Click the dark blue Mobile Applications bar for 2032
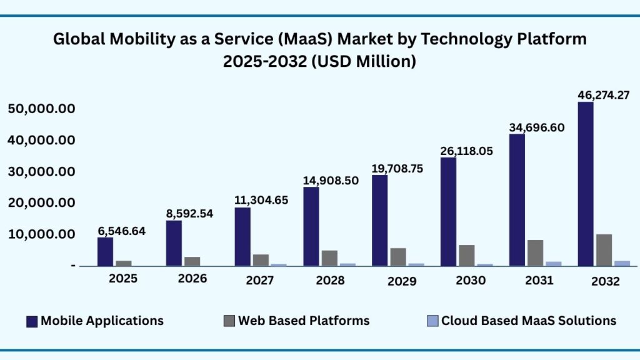pos(586,184)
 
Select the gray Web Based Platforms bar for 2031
pos(535,253)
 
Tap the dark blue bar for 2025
pos(105,252)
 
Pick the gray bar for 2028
pos(329,258)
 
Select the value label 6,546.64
pos(121,231)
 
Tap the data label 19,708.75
pos(403,168)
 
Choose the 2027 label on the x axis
pos(259,281)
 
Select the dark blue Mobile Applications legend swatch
pos(32,321)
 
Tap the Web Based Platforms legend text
pos(303,321)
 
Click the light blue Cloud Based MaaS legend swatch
pos(432,321)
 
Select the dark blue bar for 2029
pos(380,221)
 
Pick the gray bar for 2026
pos(192,261)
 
